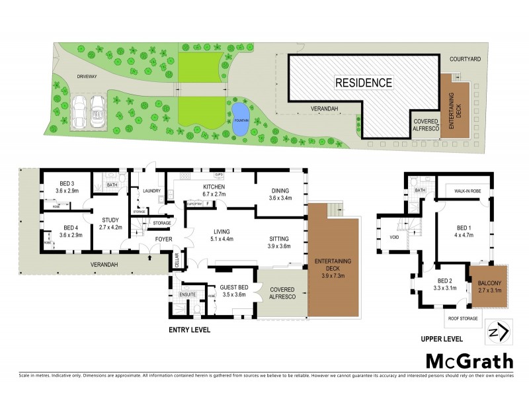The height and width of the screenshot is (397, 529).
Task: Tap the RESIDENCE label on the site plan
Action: pyautogui.click(x=364, y=83)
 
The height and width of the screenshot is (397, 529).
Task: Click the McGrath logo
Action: pyautogui.click(x=469, y=361)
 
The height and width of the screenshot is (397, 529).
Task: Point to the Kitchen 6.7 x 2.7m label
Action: pyautogui.click(x=214, y=191)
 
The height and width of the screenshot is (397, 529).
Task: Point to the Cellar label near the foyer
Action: pyautogui.click(x=176, y=261)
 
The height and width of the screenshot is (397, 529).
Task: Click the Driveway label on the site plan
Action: pyautogui.click(x=87, y=77)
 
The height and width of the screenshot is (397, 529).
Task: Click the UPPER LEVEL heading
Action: pyautogui.click(x=442, y=338)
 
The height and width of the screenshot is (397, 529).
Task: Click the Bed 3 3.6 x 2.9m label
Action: pyautogui.click(x=69, y=187)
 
